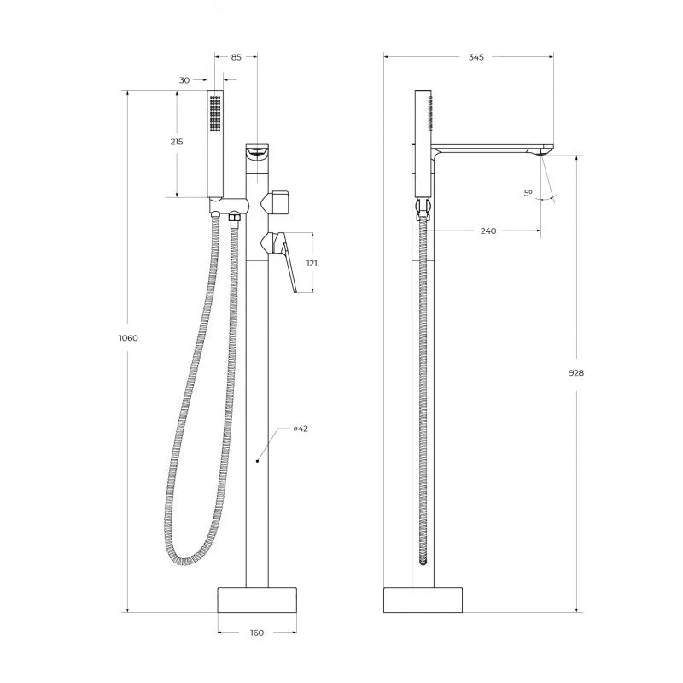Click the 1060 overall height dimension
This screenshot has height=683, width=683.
point(128,337)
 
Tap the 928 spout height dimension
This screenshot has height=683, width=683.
point(576,373)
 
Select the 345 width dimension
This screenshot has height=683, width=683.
point(476,57)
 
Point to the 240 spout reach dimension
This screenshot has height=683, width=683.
point(488,231)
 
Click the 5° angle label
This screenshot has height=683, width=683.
point(528,193)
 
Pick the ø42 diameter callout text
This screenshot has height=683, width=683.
point(301,429)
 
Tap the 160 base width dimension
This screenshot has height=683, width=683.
point(257,633)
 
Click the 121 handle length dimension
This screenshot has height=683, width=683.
point(312,263)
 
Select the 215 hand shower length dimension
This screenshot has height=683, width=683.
point(177,142)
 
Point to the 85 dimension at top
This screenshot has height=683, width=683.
point(236,57)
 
